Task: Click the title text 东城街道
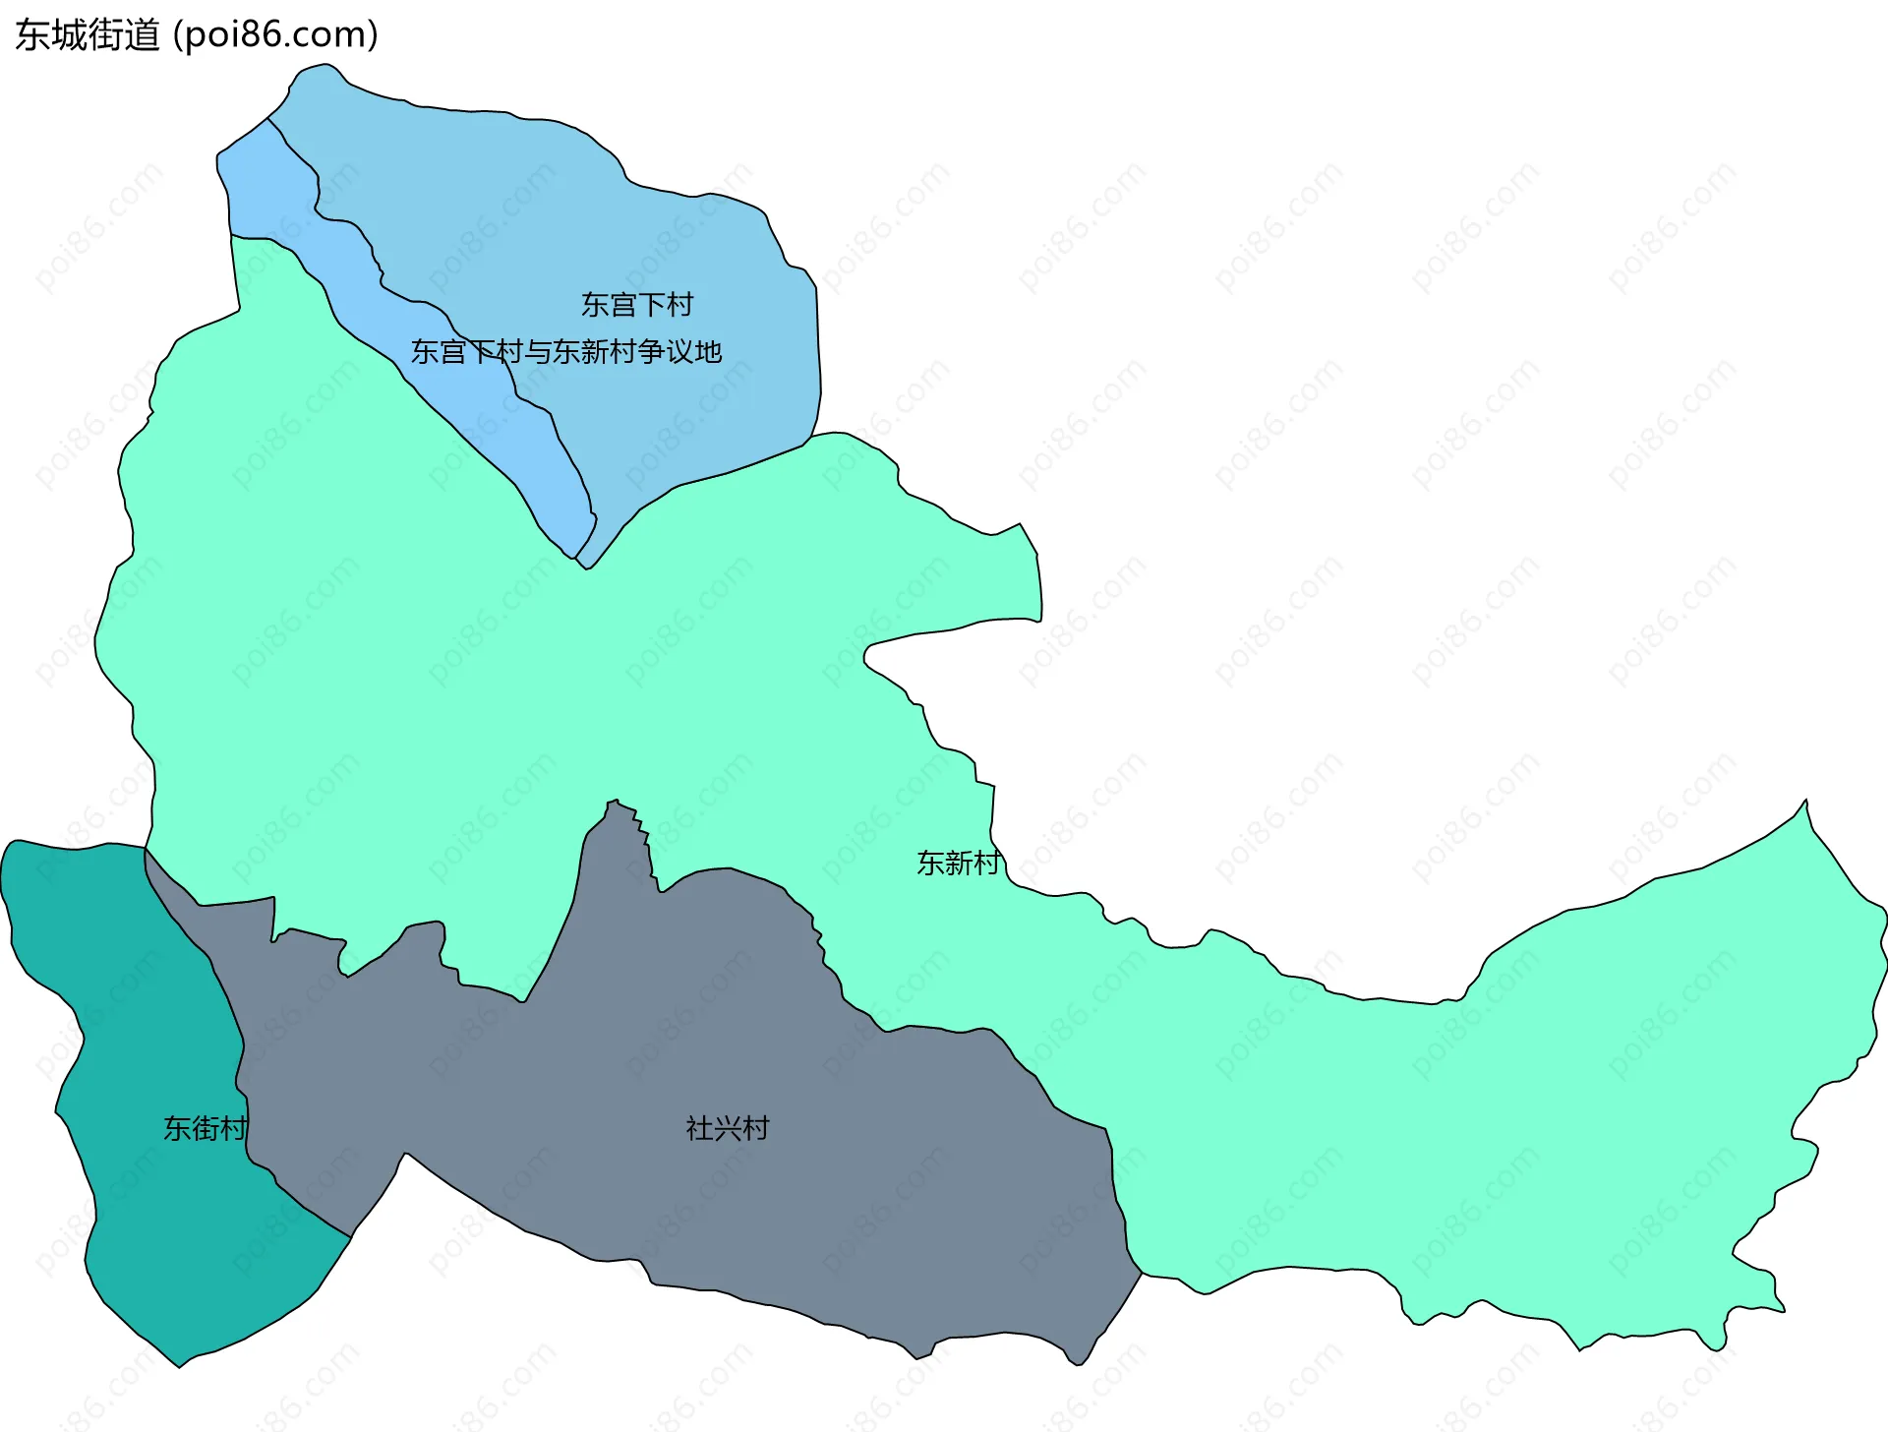[x=87, y=35]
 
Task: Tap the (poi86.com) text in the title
[x=275, y=35]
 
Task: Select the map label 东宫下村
[x=637, y=305]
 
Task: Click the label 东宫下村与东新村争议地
[x=566, y=352]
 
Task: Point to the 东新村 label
[x=959, y=863]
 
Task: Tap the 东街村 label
[x=205, y=1128]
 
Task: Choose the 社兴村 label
[x=728, y=1128]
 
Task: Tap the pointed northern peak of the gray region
[x=615, y=802]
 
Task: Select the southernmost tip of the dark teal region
[x=179, y=1365]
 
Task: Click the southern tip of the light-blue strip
[x=573, y=557]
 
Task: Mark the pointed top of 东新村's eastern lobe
[x=1805, y=802]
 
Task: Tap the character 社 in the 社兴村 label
[x=699, y=1128]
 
